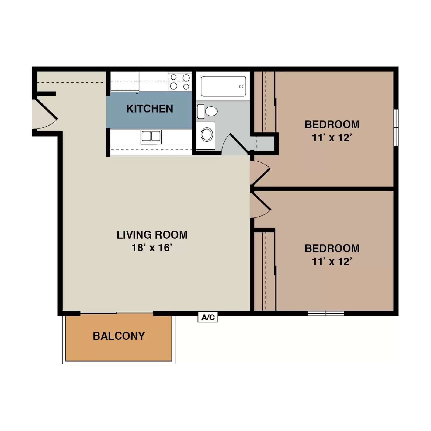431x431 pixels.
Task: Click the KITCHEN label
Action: coord(150,109)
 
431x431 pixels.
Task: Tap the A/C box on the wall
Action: coord(208,317)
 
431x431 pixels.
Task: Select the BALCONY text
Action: coord(119,336)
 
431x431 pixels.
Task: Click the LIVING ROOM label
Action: coord(152,235)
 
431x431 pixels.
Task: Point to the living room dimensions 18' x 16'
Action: coord(152,248)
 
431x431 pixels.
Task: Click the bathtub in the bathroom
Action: coord(223,86)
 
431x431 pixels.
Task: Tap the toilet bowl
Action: coord(211,111)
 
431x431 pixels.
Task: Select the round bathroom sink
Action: coord(207,134)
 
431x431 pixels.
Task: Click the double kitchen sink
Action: coord(151,136)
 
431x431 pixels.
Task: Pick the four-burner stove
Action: coord(180,82)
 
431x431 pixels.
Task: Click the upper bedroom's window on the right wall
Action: coord(396,127)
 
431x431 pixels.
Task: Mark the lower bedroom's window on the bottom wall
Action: coord(326,313)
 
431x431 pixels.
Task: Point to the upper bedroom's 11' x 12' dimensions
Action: coord(332,138)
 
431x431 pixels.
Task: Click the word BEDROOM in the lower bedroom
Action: coord(332,248)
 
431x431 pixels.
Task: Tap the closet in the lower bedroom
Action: coord(265,271)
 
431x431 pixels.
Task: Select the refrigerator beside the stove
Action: coord(125,81)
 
